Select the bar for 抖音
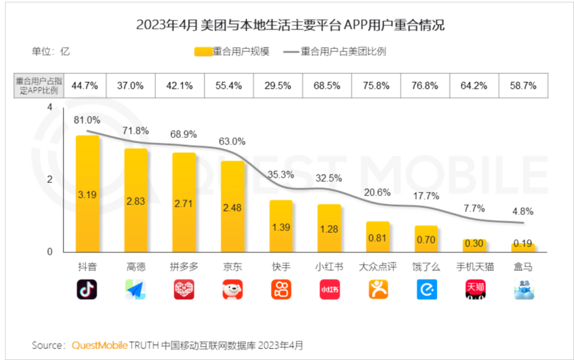(87, 194)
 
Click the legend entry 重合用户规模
(232, 52)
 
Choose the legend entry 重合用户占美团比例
(335, 52)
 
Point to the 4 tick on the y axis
(50, 108)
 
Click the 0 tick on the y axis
(50, 252)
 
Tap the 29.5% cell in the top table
(278, 86)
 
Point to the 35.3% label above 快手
(280, 174)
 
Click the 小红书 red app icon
(330, 289)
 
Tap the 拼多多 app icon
(184, 289)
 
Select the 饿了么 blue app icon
(426, 289)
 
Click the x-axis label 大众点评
(378, 267)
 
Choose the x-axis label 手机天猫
(475, 267)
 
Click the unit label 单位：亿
(51, 52)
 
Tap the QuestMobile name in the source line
(99, 345)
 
